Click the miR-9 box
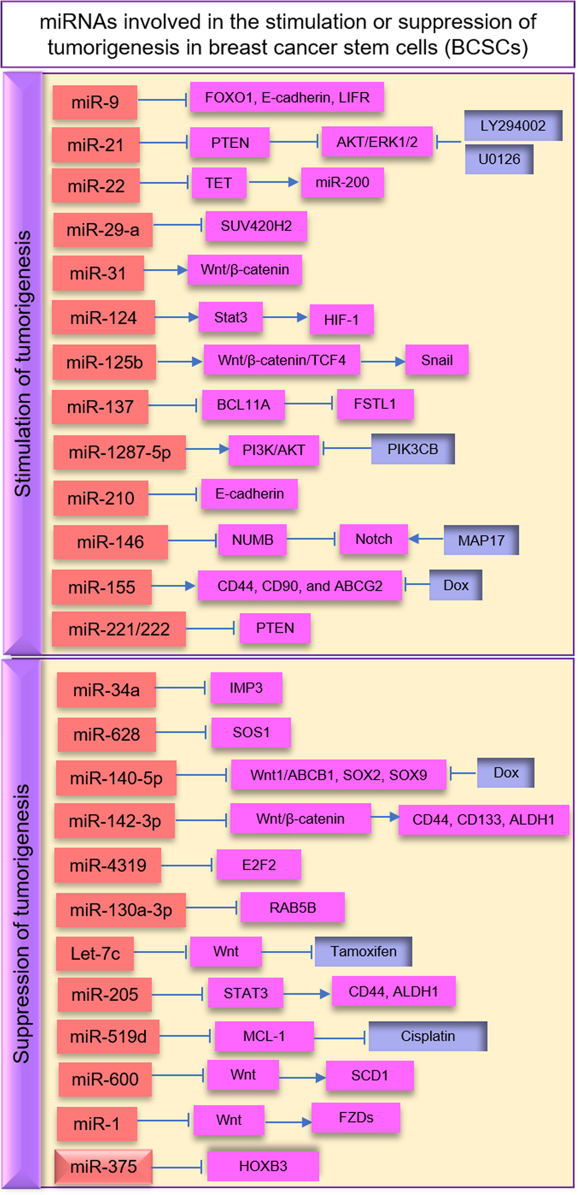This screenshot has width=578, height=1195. pos(95,102)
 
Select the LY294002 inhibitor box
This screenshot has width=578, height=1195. pos(513,126)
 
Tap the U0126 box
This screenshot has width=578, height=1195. pos(499,159)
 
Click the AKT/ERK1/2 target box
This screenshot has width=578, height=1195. pos(377,142)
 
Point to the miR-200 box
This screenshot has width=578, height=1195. pos(342,183)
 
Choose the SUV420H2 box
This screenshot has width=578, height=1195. pos(256,226)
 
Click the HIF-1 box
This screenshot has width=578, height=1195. pos(341,319)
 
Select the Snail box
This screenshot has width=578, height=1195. pos(437,360)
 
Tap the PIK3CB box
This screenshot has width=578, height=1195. pos(412,449)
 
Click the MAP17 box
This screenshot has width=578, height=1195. pos(481,540)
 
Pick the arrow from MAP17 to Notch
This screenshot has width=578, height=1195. pos(426,539)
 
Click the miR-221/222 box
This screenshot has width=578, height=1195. pos(119,629)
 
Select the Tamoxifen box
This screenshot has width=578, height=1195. pos(363,951)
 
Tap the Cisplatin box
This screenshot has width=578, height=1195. pos(427,1036)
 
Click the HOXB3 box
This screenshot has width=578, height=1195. pos(263,1166)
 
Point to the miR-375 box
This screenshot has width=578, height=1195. pos(103,1167)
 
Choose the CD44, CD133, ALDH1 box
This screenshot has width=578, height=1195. pos(483,819)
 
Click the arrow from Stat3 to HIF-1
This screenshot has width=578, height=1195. pos(285,317)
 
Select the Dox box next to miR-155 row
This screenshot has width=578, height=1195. pos(455,585)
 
